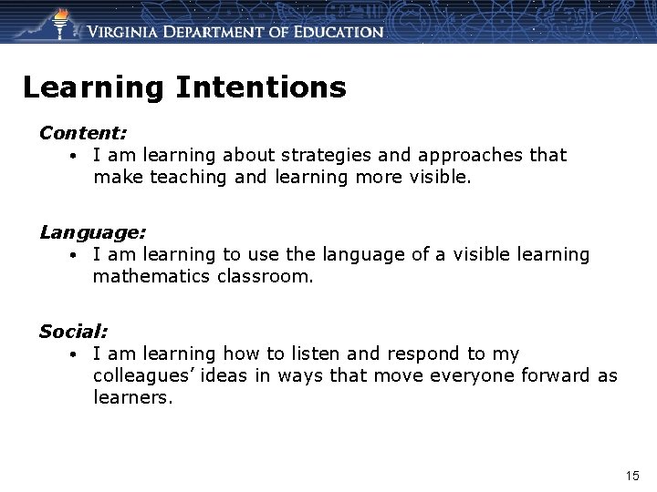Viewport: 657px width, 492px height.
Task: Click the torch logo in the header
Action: coord(61,23)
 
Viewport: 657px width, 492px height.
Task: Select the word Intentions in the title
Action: coord(261,87)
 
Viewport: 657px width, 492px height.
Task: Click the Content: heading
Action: coord(83,133)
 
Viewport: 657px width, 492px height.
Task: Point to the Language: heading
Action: coord(92,232)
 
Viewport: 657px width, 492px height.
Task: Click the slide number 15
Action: coord(632,476)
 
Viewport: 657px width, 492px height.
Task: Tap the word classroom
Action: coord(265,277)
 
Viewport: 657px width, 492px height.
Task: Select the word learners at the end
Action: coord(131,398)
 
